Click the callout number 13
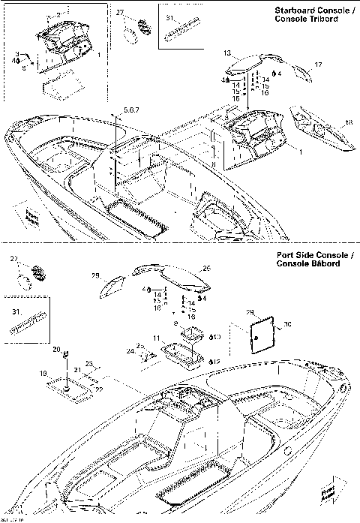[226, 53]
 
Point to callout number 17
[318, 65]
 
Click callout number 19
[43, 372]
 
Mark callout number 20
[56, 350]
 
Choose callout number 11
[157, 338]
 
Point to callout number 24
[130, 350]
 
